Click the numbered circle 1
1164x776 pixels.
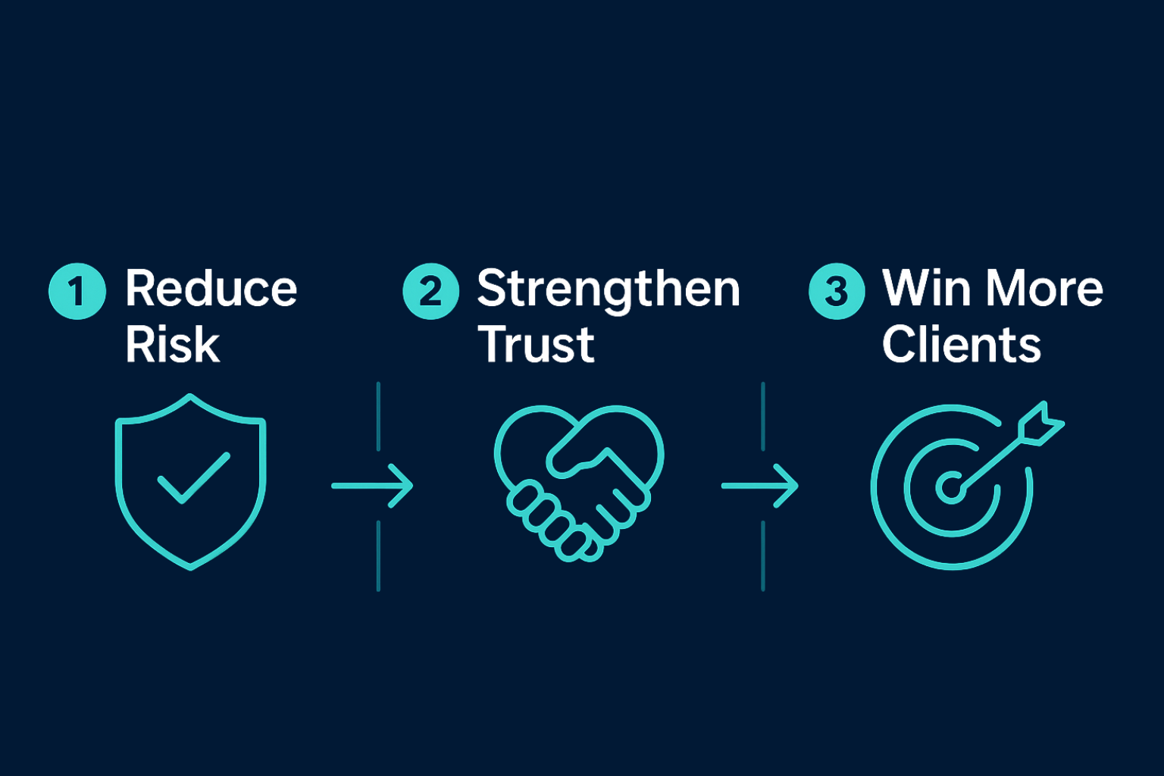pos(77,291)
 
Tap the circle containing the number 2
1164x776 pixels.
pos(430,291)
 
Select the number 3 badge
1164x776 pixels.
pos(837,291)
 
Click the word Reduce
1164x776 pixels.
pos(211,289)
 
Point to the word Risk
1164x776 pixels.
pos(173,345)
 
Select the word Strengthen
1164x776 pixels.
pos(609,290)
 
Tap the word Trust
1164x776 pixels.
pos(537,345)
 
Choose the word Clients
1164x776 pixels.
pos(962,345)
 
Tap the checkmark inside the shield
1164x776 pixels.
pos(192,478)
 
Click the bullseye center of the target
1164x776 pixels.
pos(950,488)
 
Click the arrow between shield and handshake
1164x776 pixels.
pos(373,485)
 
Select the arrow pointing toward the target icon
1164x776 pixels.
pos(760,485)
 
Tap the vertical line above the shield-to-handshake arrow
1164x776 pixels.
pos(378,416)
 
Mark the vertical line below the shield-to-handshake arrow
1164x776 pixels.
pos(378,555)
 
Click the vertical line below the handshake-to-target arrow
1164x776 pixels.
pos(762,555)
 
